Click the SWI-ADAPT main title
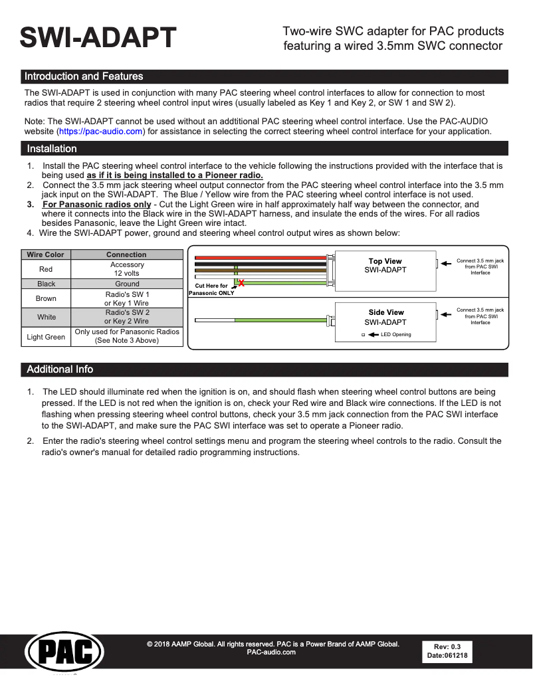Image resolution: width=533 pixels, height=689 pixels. [98, 38]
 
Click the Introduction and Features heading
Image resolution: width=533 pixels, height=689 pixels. [84, 76]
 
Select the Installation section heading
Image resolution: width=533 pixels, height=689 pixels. [52, 149]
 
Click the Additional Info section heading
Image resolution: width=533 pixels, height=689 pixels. [60, 369]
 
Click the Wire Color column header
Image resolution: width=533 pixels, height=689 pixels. [46, 254]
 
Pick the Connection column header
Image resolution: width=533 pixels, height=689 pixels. [126, 254]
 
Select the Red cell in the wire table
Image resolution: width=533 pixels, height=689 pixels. [46, 269]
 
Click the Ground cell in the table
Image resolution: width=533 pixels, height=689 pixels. [126, 284]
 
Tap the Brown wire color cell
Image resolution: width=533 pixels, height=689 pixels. [46, 298]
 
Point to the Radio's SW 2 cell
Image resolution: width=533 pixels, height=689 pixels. [126, 317]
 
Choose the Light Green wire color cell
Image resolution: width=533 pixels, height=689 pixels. [46, 337]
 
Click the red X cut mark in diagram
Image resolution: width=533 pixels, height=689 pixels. [241, 284]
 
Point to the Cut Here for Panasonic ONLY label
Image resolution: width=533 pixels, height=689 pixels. [211, 289]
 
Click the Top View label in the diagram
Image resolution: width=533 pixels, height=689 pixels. [385, 261]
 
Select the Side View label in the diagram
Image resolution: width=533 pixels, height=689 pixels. [386, 312]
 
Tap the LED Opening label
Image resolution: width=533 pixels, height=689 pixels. [395, 335]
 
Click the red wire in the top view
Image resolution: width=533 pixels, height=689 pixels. [259, 257]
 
